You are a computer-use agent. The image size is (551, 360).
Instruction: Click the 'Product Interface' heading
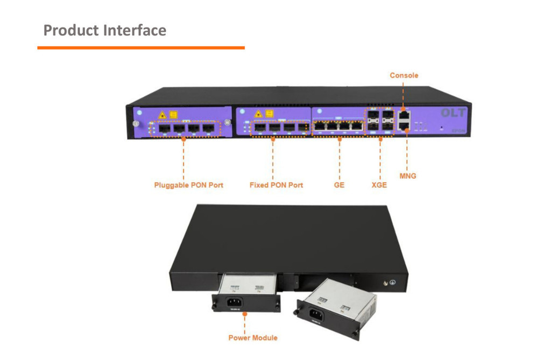click(104, 30)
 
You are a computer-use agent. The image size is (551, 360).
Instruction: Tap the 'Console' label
click(404, 75)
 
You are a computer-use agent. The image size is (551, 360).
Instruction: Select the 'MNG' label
click(407, 176)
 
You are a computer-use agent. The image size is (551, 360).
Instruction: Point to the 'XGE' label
click(379, 185)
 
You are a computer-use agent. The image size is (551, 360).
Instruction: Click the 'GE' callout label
click(339, 185)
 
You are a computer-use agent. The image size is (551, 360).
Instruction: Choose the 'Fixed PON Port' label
click(276, 185)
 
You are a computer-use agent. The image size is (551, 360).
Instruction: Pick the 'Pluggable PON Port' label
click(188, 185)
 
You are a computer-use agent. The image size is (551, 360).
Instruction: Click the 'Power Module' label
click(253, 338)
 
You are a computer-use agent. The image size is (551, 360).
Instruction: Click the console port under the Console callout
click(404, 115)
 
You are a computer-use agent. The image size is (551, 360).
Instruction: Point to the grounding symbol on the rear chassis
click(393, 281)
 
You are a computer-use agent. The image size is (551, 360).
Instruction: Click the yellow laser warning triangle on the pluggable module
click(161, 114)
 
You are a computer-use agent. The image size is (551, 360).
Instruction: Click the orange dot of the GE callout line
click(340, 139)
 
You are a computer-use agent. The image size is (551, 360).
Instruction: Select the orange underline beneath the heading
click(141, 48)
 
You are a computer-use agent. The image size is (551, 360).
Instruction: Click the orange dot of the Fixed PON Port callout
click(272, 139)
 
